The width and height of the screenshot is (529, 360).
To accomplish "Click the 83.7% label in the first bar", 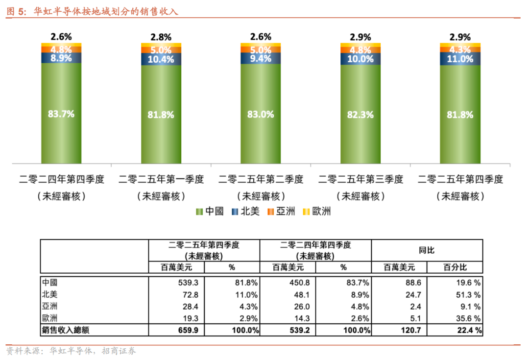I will click(61, 114).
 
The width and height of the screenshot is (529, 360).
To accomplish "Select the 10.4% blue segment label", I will click(161, 59).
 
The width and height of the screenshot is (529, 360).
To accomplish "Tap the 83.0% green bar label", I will click(261, 114).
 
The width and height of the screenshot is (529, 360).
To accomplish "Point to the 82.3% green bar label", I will click(361, 115).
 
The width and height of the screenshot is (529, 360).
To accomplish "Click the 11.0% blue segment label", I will click(460, 59).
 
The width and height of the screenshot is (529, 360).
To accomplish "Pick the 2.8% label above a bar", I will click(161, 37).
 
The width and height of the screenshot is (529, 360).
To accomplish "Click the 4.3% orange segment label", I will click(460, 49).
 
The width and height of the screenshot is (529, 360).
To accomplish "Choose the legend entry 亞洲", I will click(282, 212).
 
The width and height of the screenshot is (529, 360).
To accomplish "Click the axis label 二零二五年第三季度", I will click(361, 179).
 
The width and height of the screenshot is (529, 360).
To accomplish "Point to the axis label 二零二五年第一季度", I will click(161, 179).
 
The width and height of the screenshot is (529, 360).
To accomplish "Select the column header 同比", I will click(427, 250).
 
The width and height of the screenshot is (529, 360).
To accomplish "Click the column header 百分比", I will click(455, 267).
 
